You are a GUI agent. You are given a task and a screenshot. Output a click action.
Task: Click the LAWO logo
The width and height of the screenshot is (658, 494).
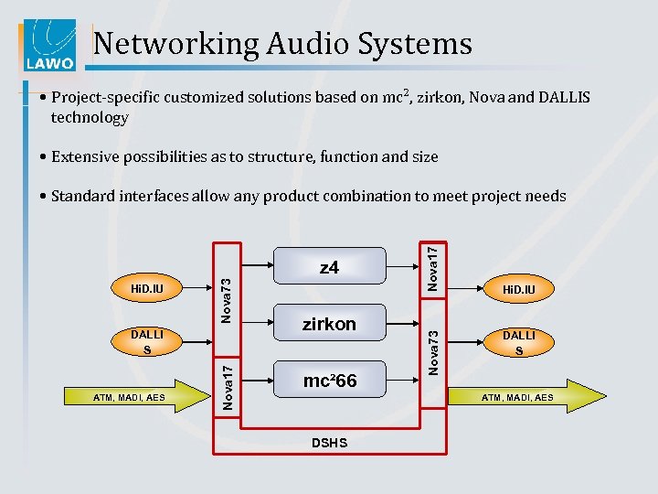[47, 45]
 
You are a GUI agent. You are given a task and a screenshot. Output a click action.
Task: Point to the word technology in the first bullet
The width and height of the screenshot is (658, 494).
[90, 117]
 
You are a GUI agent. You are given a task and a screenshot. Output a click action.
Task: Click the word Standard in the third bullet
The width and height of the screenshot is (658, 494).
[86, 196]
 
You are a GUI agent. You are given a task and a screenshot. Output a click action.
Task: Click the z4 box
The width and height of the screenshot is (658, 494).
[329, 268]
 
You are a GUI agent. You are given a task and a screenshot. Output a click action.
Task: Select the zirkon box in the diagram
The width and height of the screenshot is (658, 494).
[329, 324]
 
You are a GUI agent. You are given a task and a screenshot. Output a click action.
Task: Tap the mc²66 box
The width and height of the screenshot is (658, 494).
[329, 381]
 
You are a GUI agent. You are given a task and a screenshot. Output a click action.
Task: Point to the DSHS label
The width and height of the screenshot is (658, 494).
[329, 443]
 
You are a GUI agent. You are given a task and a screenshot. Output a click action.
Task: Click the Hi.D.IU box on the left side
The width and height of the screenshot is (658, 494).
[146, 290]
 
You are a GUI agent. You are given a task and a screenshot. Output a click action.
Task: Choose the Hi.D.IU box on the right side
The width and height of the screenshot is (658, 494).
[519, 290]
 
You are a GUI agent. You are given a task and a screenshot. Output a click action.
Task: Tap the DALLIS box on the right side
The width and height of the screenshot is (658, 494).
[519, 342]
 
